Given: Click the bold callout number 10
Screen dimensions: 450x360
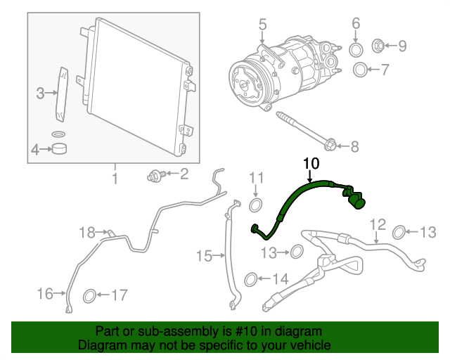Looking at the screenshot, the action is tap(311, 163).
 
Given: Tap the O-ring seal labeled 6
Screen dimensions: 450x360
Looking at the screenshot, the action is tap(356, 50).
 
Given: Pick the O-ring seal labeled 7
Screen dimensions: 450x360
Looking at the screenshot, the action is tap(360, 70).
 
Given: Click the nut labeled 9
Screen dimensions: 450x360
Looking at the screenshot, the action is tap(378, 46).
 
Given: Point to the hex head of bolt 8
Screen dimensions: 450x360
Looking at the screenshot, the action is tap(330, 145).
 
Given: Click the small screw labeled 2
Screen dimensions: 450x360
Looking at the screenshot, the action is tap(156, 175).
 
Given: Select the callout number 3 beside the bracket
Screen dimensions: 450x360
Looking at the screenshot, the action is tap(40, 94).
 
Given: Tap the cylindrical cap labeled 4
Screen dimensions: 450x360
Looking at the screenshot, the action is tap(59, 148).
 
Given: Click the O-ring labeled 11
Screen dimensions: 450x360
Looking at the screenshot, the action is tap(255, 205).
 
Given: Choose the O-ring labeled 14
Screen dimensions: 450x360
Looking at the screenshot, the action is tap(251, 279).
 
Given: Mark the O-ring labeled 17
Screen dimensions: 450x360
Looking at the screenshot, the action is tap(89, 296).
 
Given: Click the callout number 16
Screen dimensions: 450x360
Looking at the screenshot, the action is tap(45, 294).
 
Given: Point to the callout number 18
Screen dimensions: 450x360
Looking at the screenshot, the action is tap(87, 232).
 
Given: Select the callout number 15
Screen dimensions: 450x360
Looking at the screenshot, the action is tap(204, 255).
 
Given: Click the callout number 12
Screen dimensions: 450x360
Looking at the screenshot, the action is tap(378, 224).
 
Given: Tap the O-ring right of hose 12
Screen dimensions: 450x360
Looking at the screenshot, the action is tap(399, 233).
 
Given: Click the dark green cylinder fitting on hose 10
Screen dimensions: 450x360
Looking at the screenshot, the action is tap(357, 202).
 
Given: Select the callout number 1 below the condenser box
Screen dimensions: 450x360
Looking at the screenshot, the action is tap(115, 179).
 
